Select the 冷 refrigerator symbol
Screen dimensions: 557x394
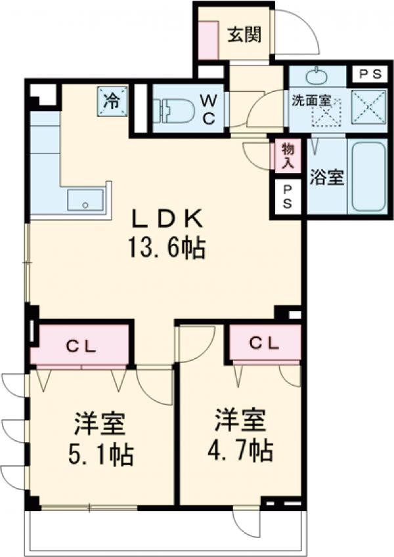[x=112, y=100]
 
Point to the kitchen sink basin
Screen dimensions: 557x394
[x=85, y=201]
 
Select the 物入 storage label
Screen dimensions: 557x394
[x=288, y=157]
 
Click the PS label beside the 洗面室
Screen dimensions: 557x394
[x=370, y=74]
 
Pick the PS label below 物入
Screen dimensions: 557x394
[x=288, y=196]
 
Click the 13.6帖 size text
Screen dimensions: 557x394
[x=172, y=248]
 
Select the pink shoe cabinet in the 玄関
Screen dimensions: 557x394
[x=209, y=42]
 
